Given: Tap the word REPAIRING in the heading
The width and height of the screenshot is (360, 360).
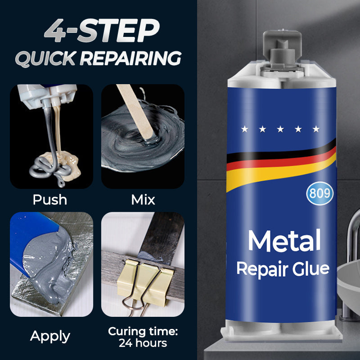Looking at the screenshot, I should pos(136,58).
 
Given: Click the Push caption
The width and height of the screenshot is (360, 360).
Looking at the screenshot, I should pos(50,199).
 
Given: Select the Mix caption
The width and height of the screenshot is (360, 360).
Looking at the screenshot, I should pos(143,199).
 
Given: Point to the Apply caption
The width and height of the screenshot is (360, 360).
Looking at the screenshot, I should pos(50,336).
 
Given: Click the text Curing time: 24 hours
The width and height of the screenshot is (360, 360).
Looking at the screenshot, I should pos(143,337).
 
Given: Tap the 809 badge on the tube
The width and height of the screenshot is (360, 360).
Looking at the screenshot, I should pos(320,193).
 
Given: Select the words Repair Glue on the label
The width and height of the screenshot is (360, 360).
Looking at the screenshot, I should pos(283,269).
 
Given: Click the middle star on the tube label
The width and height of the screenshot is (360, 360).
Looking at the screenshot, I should pos(280,130).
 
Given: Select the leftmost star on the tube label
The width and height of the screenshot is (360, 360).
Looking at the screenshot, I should pos(244,130).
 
